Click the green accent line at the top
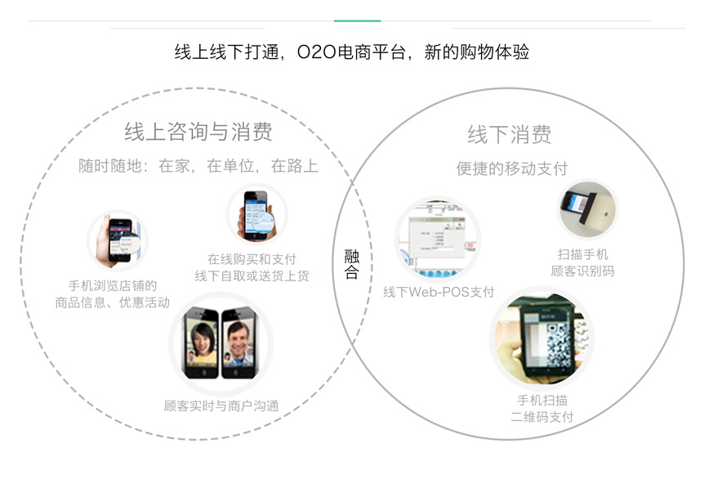click(357, 20)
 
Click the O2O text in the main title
click(317, 52)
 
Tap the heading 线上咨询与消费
click(198, 132)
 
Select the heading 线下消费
click(510, 134)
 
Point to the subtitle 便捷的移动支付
click(512, 168)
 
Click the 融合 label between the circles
click(352, 264)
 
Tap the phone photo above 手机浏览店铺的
click(118, 241)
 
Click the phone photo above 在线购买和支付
click(256, 214)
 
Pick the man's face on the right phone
click(239, 339)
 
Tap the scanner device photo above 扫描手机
click(588, 209)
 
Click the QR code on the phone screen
click(560, 346)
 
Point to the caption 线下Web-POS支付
click(439, 292)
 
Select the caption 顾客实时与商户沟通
click(221, 406)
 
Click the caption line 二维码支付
click(542, 416)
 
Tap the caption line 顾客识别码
click(582, 271)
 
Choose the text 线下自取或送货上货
click(252, 276)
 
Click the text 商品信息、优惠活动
click(112, 302)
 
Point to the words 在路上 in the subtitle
click(294, 166)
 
